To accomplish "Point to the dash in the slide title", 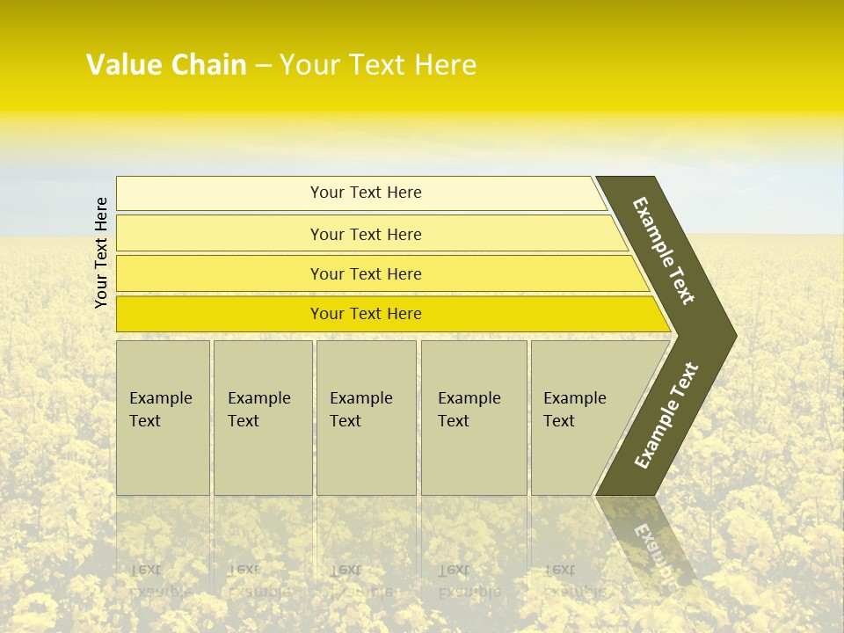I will coord(263,66).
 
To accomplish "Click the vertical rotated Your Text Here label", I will coord(101,252).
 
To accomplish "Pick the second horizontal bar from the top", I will coord(366,234).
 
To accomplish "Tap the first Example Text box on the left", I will coord(163,418).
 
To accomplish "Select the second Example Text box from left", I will coord(263,418).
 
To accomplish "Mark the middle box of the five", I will coord(366,418).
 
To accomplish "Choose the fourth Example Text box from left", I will coord(474,418).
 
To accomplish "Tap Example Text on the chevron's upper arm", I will coord(664,251).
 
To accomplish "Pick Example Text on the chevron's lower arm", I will coord(666,415).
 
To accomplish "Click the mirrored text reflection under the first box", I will coord(161,580).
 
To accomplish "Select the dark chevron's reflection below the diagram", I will coord(651,541).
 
